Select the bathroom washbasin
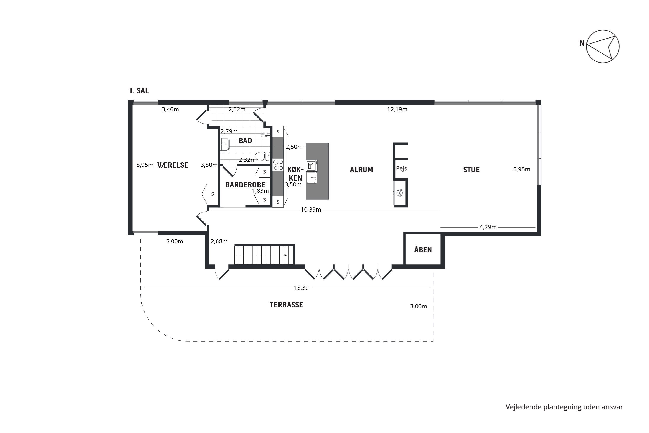pyautogui.click(x=225, y=144)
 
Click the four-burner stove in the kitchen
pyautogui.click(x=278, y=165)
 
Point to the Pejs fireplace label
pyautogui.click(x=401, y=168)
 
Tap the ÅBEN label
pyautogui.click(x=423, y=249)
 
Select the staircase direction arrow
pyautogui.click(x=262, y=255)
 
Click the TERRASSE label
pyautogui.click(x=286, y=305)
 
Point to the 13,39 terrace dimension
pyautogui.click(x=301, y=288)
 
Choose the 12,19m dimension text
pyautogui.click(x=397, y=109)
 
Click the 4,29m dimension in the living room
pyautogui.click(x=488, y=227)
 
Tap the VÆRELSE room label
pyautogui.click(x=173, y=165)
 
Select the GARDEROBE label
pyautogui.click(x=245, y=185)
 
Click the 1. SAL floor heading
pyautogui.click(x=138, y=91)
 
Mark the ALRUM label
pyautogui.click(x=361, y=170)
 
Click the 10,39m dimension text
pyautogui.click(x=311, y=210)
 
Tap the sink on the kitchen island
pyautogui.click(x=312, y=178)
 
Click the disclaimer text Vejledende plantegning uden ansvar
pyautogui.click(x=564, y=407)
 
